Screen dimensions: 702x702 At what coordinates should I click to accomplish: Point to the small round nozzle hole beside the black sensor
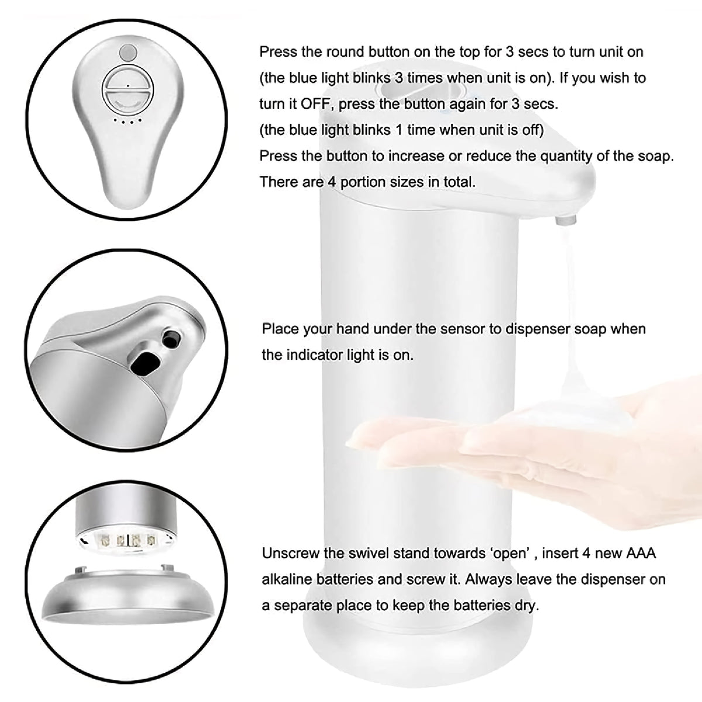[171, 337]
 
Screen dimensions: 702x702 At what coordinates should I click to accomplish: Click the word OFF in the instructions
[315, 104]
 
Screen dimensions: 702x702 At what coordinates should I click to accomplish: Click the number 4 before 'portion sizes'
[332, 181]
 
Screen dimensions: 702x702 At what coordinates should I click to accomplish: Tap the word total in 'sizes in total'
[459, 181]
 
